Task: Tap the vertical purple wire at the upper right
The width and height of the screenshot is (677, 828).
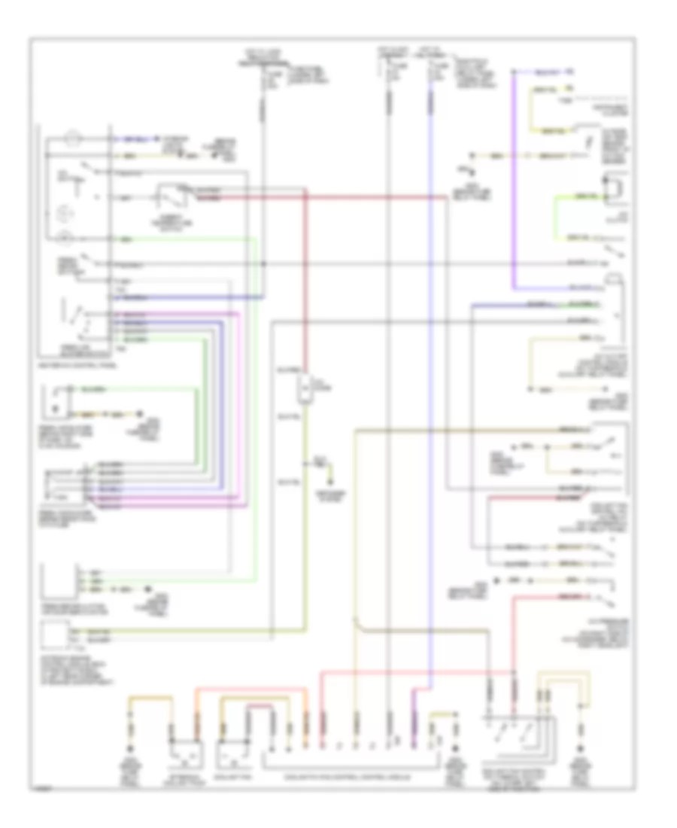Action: [x=515, y=181]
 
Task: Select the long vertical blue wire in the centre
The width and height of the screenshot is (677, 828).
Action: [x=433, y=376]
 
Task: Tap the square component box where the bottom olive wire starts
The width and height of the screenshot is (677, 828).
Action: [x=56, y=637]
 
